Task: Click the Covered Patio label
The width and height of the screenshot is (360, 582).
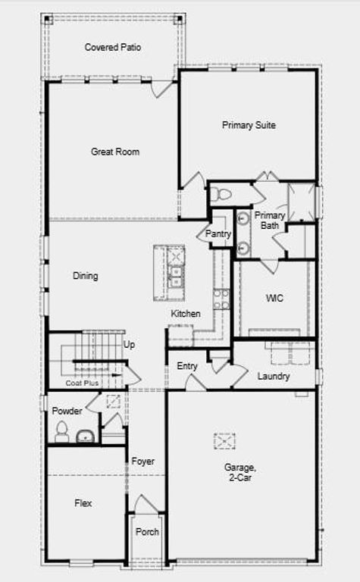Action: pos(112,47)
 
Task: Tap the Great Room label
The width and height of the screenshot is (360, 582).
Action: pos(115,152)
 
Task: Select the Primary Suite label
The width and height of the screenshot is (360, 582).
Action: pos(249,125)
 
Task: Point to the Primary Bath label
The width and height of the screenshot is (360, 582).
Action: pos(269,221)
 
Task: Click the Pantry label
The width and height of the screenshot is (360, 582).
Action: pos(218,234)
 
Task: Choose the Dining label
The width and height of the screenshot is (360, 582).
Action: pos(86,276)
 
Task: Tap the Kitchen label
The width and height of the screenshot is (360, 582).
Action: pos(186,314)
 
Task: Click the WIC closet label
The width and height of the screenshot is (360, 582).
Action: pos(274,299)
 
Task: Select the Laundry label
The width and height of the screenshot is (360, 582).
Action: pos(274,376)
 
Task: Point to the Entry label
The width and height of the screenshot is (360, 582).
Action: pos(187,366)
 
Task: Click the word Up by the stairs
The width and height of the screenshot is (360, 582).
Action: pos(130,345)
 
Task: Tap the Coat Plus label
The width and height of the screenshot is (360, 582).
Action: pos(82,383)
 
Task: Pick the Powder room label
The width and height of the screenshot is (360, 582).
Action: pos(67,411)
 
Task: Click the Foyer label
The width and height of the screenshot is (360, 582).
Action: pos(143,461)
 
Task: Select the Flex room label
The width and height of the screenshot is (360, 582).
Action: pos(83,502)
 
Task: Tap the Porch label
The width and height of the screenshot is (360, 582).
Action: pos(147,532)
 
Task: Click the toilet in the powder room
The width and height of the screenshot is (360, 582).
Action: pos(61,433)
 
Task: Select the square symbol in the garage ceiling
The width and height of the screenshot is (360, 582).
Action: pos(225,440)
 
